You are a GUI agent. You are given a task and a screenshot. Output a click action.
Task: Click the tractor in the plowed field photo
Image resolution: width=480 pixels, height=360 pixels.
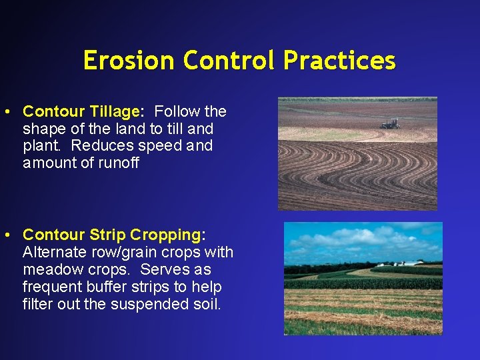[389, 123]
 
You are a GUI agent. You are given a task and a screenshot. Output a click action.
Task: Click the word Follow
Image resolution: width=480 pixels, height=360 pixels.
[176, 111]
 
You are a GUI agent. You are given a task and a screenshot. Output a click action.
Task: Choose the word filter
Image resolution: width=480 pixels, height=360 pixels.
[36, 305]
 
